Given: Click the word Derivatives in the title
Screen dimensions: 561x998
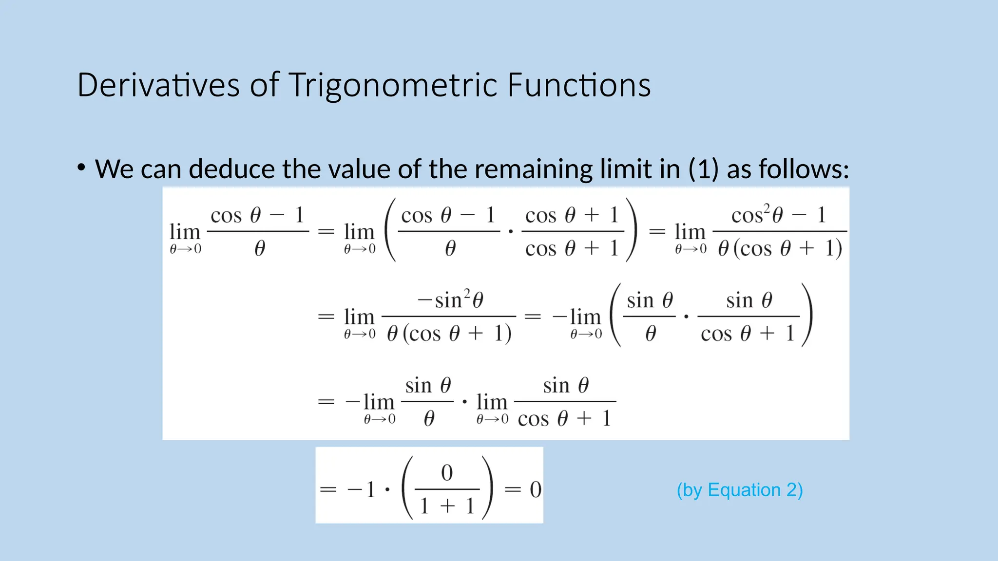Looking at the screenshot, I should [x=158, y=85].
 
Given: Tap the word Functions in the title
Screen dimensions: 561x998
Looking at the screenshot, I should [x=578, y=85].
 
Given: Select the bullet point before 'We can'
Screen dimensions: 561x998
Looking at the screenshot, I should [x=81, y=168].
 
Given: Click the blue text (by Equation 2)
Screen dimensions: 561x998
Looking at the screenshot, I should [x=739, y=490].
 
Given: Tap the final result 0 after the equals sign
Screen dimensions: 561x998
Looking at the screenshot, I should [x=535, y=489].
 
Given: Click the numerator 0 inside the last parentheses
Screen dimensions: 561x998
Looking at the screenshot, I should [x=447, y=473].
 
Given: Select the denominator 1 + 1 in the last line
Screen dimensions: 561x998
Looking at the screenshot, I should [x=447, y=506].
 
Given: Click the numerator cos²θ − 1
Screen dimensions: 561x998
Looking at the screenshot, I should [x=778, y=214].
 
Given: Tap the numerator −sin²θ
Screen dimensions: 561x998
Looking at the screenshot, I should [x=450, y=299].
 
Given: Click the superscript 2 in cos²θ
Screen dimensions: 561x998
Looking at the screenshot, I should [x=767, y=208].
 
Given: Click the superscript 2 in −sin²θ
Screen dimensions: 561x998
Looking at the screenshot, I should [x=467, y=293].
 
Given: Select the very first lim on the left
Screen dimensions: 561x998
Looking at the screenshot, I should [x=185, y=232].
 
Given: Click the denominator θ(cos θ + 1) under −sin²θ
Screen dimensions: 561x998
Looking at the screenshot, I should [x=449, y=334].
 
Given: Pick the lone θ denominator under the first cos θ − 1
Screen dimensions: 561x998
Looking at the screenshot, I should [x=260, y=249].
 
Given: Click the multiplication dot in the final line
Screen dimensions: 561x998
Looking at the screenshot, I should [x=387, y=489].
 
